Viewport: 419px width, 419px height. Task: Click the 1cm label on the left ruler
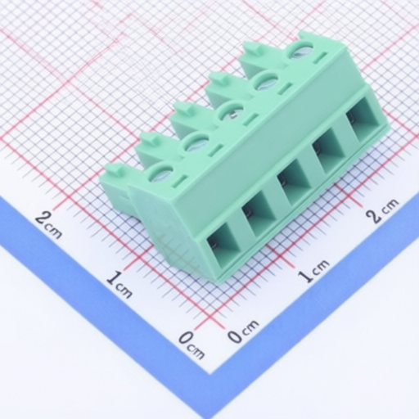pyautogui.click(x=119, y=285)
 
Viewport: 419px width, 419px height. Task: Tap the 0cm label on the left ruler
pyautogui.click(x=191, y=345)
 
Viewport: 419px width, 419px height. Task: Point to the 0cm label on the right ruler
pyautogui.click(x=243, y=331)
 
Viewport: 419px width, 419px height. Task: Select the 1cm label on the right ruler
pyautogui.click(x=313, y=271)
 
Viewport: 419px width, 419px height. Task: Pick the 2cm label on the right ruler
pyautogui.click(x=382, y=210)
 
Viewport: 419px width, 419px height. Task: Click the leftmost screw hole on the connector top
pyautogui.click(x=160, y=173)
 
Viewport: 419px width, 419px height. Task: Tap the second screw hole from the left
pyautogui.click(x=196, y=143)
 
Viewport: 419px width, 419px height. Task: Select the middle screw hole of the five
pyautogui.click(x=232, y=113)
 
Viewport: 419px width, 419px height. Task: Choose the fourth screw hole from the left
pyautogui.click(x=265, y=83)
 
